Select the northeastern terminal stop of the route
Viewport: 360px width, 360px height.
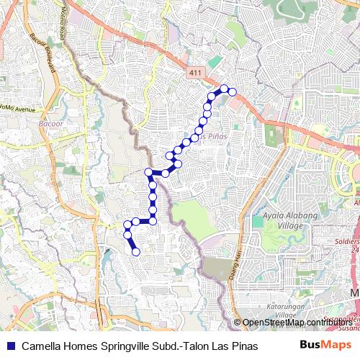pos(232,91)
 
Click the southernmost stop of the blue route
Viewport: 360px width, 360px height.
pos(135,251)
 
